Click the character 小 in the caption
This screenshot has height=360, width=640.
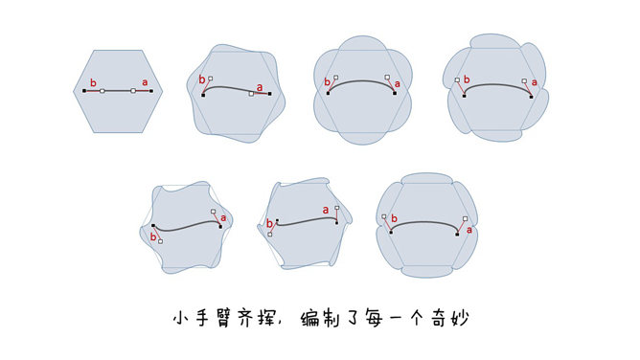[x=182, y=318]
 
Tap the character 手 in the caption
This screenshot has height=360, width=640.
[x=203, y=318]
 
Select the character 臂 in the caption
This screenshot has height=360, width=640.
[x=224, y=318]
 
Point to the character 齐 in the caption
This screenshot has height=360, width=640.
[x=245, y=318]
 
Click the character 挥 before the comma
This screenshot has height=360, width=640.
[x=266, y=318]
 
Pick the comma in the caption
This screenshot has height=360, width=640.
[x=281, y=323]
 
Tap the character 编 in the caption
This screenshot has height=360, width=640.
[x=309, y=318]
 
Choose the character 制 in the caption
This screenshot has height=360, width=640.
[x=331, y=318]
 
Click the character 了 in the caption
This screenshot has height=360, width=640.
[x=353, y=319]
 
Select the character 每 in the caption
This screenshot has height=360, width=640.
[x=374, y=318]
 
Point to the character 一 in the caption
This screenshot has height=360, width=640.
[x=395, y=319]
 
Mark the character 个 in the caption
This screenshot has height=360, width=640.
[x=417, y=318]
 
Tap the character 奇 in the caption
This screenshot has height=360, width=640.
[x=439, y=318]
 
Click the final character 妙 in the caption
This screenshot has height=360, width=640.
[x=460, y=318]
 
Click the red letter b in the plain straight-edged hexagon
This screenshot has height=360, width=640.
[x=93, y=82]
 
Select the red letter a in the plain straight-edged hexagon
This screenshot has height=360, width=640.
[x=145, y=82]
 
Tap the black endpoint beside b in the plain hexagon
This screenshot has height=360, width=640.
[x=84, y=91]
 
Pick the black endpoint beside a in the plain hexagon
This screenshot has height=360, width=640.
[x=151, y=91]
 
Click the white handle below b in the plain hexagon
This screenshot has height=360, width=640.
[x=103, y=91]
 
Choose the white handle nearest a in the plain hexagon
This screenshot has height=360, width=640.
[x=133, y=91]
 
